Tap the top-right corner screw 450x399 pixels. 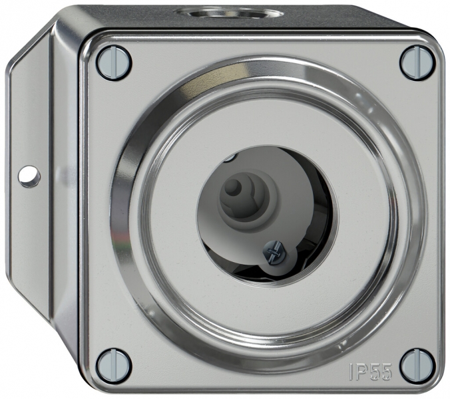(417, 63)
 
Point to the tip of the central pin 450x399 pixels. (232, 188)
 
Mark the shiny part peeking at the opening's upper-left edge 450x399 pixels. (229, 158)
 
